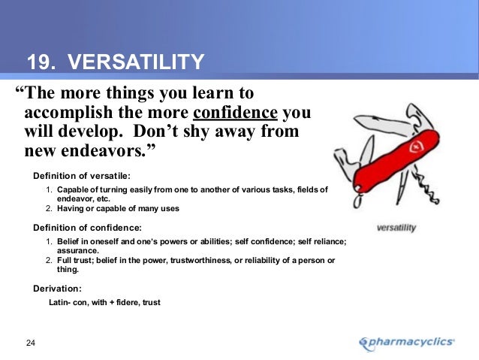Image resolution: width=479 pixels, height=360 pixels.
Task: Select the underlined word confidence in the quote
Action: (x=236, y=113)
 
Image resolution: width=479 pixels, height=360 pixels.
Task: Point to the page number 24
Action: (x=31, y=343)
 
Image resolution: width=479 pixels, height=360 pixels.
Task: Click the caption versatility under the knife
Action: (x=396, y=227)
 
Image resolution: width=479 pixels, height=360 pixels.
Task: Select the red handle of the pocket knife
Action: (x=390, y=161)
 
